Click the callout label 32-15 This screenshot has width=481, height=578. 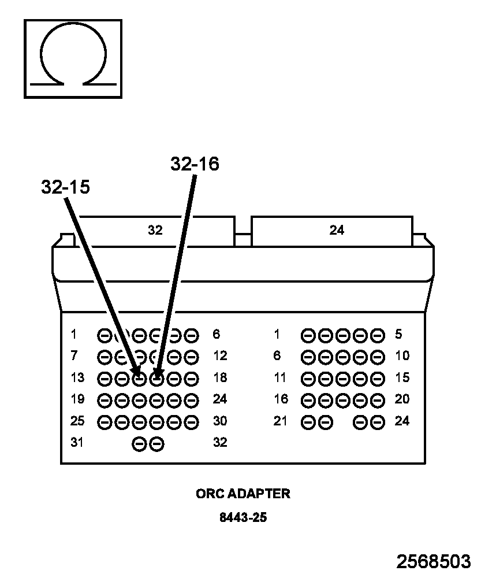pos(66,187)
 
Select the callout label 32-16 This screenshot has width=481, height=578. pos(195,164)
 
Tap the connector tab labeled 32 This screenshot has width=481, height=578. pos(155,231)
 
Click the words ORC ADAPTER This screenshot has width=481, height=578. pos(243,494)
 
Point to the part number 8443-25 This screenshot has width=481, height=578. pos(243,517)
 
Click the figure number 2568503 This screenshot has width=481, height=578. pos(434,561)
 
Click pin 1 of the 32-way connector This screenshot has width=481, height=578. pos(105,336)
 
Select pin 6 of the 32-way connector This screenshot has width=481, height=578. pos(191,336)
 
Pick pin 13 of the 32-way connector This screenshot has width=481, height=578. pos(105,379)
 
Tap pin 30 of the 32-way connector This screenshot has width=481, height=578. pos(191,423)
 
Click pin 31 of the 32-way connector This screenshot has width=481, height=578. pos(139,444)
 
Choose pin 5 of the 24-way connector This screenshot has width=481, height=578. pos(378,336)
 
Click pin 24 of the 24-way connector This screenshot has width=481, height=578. pos(378,423)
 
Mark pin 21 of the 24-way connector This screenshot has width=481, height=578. pos(308,423)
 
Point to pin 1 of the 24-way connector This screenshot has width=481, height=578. pos(308,336)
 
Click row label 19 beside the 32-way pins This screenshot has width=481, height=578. pos(77,399)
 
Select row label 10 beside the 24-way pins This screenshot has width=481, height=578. pos(402,355)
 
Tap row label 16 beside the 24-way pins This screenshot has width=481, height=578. pos(281,399)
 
